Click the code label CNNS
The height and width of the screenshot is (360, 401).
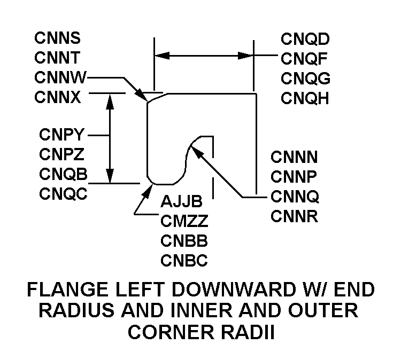(x=58, y=38)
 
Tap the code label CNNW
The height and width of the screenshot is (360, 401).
(x=60, y=77)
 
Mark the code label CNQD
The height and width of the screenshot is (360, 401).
(x=305, y=38)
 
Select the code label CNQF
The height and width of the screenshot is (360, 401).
(x=305, y=58)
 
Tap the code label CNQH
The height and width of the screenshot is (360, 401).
(x=305, y=98)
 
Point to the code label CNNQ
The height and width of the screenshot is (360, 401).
(x=295, y=197)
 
